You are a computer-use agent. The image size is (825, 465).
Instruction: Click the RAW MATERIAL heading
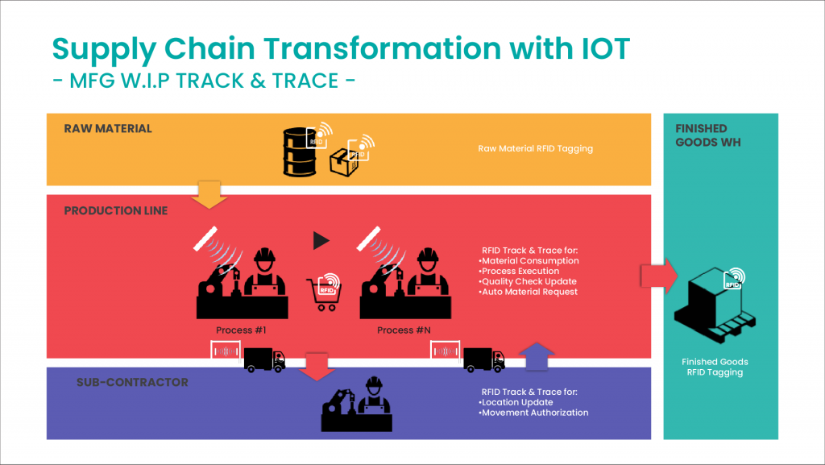[x=108, y=128]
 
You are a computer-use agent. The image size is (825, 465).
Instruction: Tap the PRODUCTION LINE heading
[x=116, y=210]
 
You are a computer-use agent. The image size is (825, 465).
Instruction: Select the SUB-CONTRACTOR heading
[x=132, y=383]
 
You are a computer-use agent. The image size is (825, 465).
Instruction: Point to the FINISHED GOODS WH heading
[x=708, y=135]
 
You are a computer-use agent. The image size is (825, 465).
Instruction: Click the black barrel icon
[x=300, y=152]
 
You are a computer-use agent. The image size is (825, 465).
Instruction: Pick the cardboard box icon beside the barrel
[x=344, y=162]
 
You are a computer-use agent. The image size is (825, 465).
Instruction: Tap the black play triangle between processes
[x=321, y=240]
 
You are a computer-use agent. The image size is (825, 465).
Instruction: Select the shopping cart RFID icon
[x=324, y=292]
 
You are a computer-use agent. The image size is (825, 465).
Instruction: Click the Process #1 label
[x=241, y=330]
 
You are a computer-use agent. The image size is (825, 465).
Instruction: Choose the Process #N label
[x=404, y=330]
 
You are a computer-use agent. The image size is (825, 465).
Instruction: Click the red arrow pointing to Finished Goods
[x=659, y=276]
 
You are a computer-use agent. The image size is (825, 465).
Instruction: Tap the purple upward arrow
[x=537, y=356]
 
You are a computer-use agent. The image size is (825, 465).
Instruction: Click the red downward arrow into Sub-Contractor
[x=317, y=367]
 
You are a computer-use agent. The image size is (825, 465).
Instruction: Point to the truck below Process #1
[x=264, y=359]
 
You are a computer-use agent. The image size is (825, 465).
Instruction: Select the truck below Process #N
[x=484, y=359]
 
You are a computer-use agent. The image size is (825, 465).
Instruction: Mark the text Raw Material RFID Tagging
[x=535, y=149]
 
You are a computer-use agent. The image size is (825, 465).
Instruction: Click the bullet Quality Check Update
[x=528, y=281]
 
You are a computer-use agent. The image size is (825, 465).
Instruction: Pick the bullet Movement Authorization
[x=533, y=413]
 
